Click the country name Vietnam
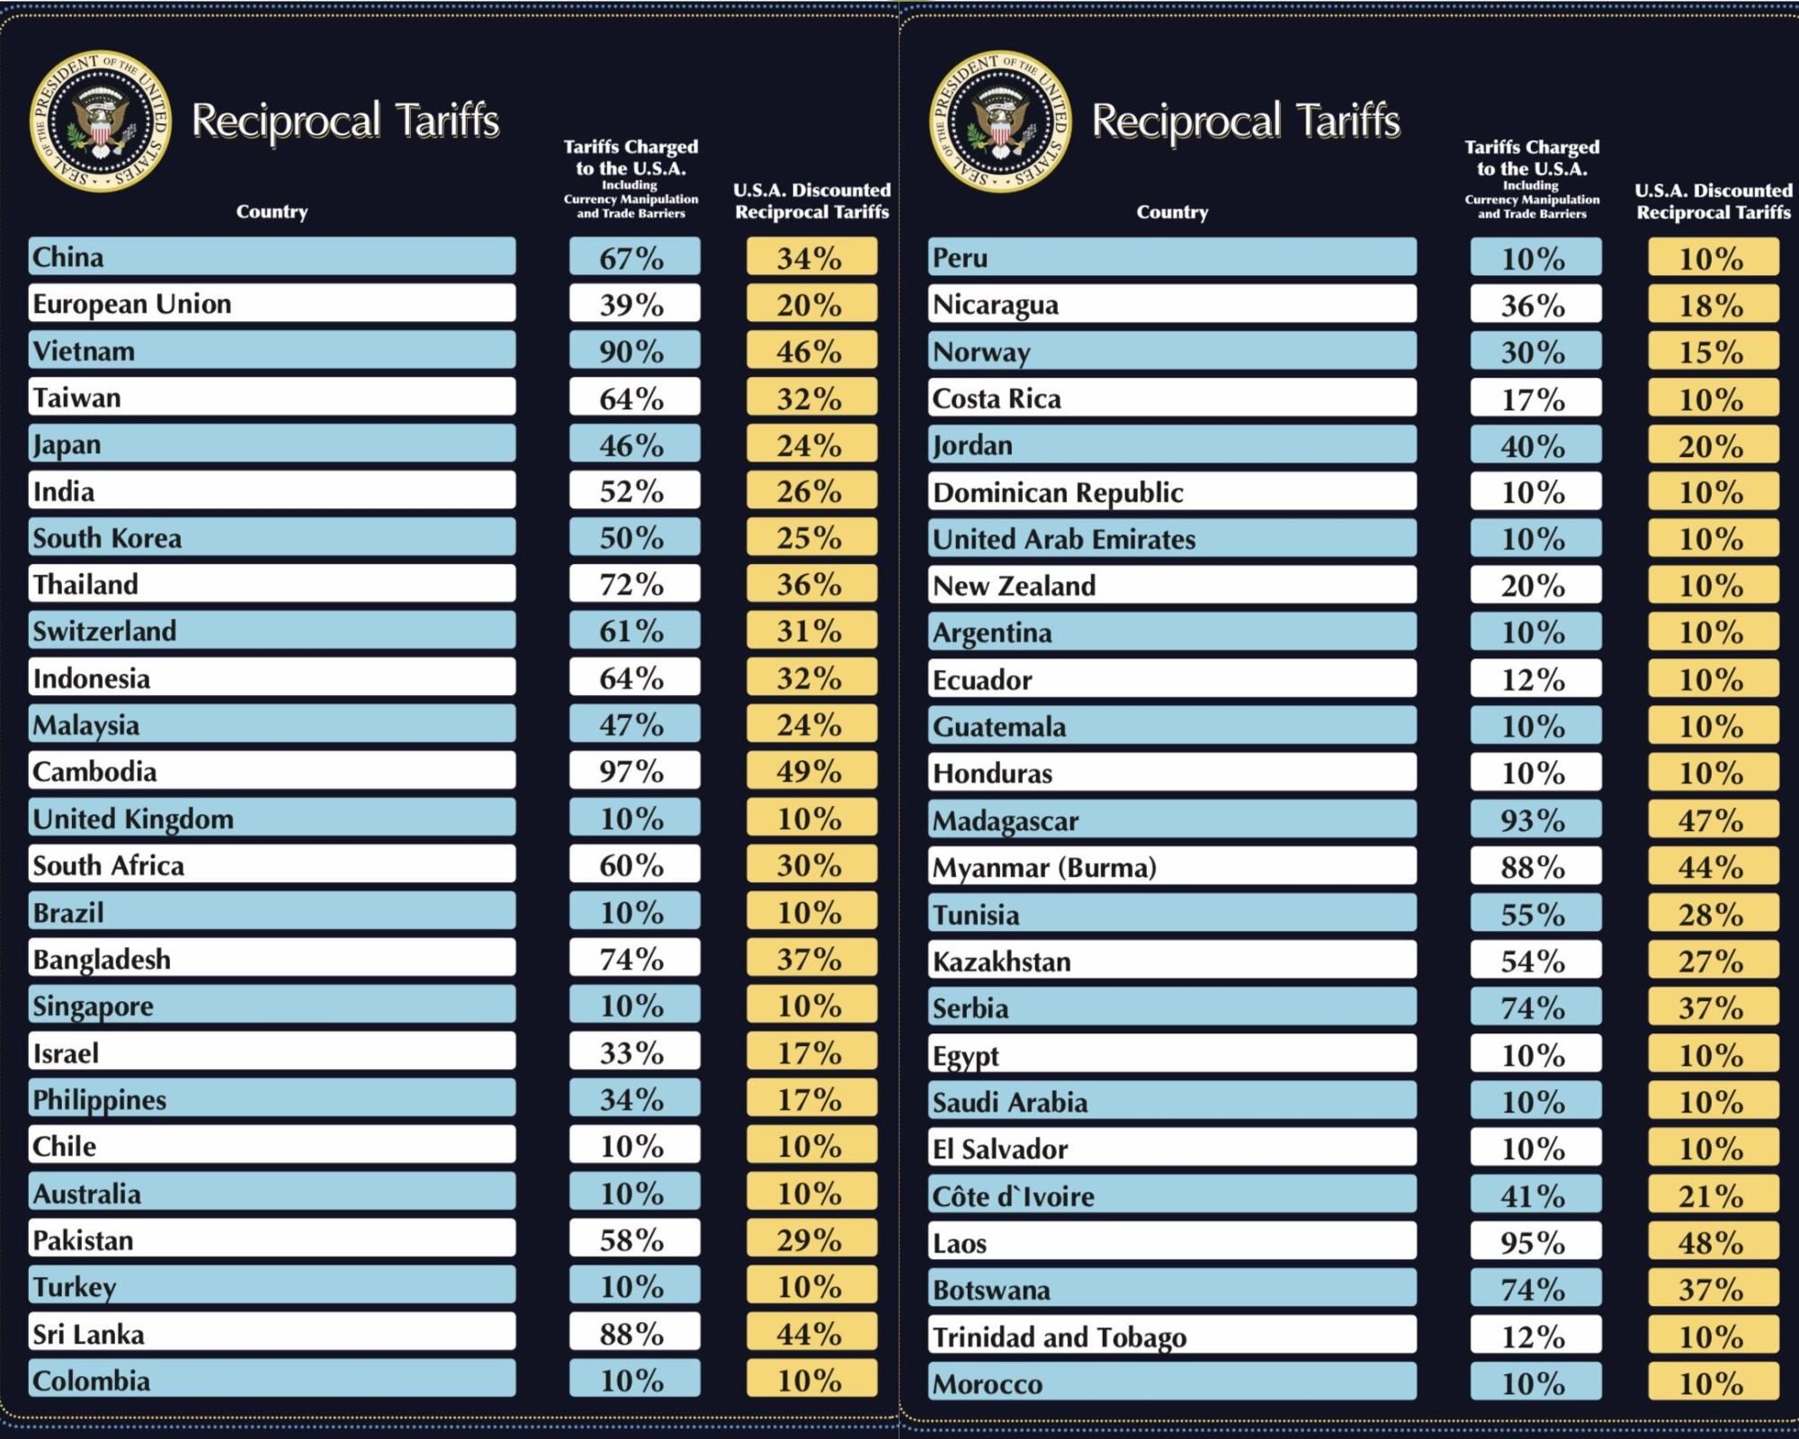[84, 351]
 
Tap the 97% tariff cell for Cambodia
[633, 772]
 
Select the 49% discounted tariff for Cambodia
[810, 772]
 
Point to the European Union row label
[132, 304]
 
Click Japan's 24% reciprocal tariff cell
[810, 444]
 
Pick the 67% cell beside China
[633, 258]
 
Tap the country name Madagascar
[1006, 820]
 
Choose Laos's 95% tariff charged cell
[1535, 1243]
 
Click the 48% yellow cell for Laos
[1713, 1243]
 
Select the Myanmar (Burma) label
[1044, 867]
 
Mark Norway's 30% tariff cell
[1535, 352]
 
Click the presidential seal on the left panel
[100, 121]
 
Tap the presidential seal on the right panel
[1000, 121]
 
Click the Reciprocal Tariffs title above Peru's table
[1246, 121]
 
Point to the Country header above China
[272, 211]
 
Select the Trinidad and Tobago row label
[1060, 1336]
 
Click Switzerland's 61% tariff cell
[633, 631]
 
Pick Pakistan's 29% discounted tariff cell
[810, 1240]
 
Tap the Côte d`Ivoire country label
[1014, 1196]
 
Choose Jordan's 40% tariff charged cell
[1535, 445]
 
